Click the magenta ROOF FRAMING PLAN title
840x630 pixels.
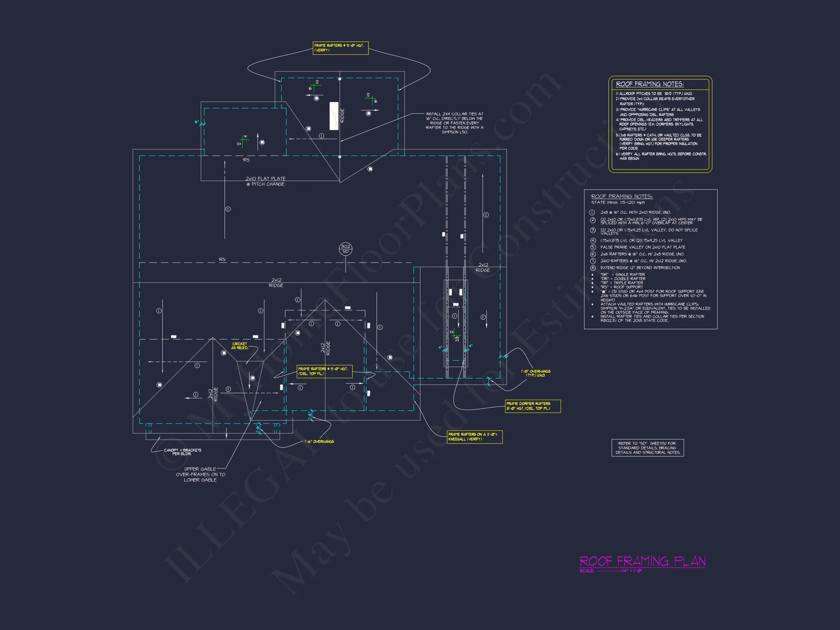(x=642, y=561)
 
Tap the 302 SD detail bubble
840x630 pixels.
(x=345, y=249)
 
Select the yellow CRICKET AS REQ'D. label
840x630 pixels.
(x=239, y=346)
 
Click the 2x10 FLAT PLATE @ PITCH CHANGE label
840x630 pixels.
(x=265, y=182)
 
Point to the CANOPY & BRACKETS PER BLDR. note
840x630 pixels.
(x=182, y=452)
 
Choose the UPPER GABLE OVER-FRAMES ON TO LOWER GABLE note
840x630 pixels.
(x=200, y=475)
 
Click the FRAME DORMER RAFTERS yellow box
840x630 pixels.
(x=532, y=406)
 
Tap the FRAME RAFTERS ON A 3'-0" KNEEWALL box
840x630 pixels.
(x=474, y=437)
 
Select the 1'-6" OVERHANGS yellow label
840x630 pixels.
(x=319, y=442)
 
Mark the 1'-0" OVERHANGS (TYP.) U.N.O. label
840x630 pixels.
(x=536, y=373)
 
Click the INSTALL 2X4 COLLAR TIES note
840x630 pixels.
(x=455, y=123)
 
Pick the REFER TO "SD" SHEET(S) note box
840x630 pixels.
(x=647, y=448)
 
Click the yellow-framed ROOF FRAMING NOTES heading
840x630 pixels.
(x=649, y=84)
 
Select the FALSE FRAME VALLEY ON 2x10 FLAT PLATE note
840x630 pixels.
(x=642, y=247)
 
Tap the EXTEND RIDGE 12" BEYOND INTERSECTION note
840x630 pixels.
(x=640, y=268)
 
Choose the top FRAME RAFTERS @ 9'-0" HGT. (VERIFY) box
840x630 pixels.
(x=340, y=48)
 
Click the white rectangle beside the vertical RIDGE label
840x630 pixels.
(x=334, y=116)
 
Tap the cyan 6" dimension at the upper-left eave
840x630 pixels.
(x=197, y=122)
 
